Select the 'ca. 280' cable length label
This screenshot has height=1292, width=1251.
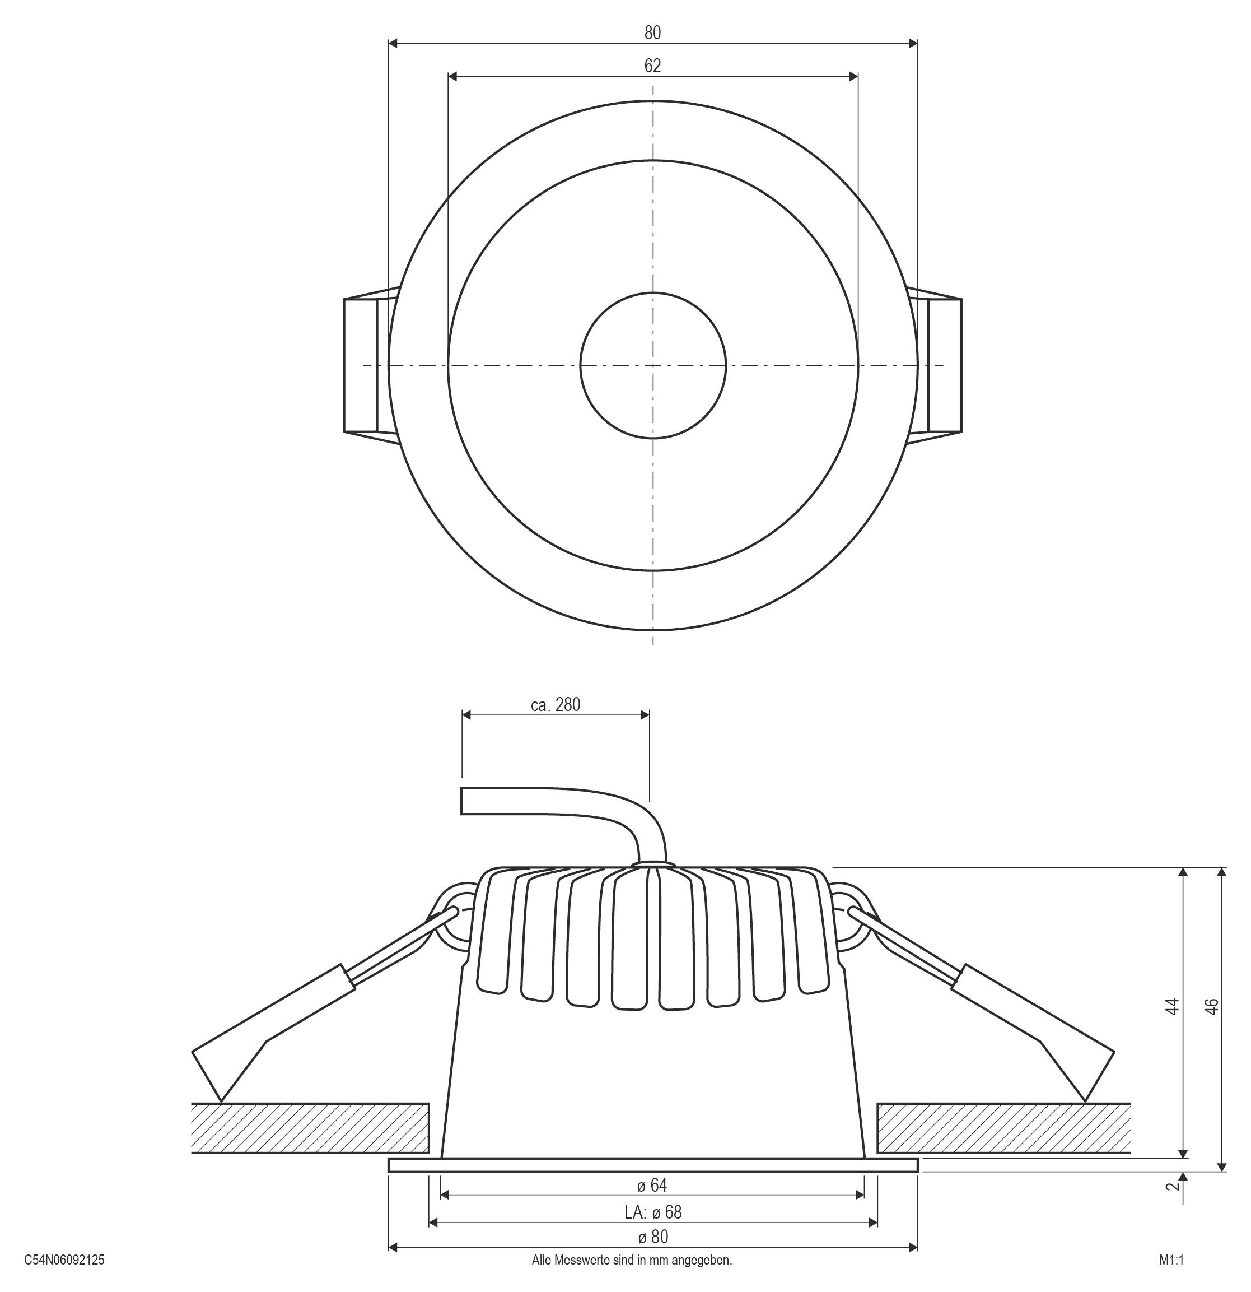tap(556, 705)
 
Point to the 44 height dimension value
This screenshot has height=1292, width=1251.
tap(1172, 1007)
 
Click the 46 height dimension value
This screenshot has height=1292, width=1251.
tap(1211, 1007)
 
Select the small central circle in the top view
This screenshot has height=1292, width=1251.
tap(653, 365)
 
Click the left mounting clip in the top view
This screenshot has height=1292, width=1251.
tap(371, 365)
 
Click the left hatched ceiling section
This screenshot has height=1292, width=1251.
tap(310, 1128)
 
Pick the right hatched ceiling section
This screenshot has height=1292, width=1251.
tap(1004, 1128)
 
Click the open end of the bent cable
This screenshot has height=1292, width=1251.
tap(462, 801)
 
